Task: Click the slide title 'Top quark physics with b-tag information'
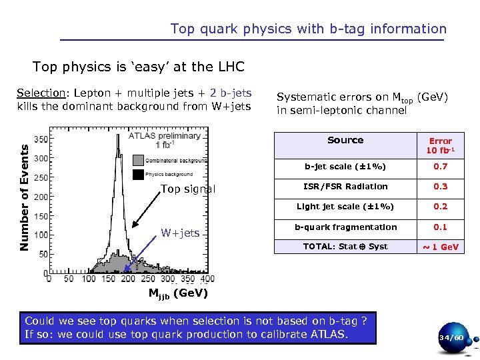coord(308,29)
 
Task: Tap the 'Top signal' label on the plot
coord(188,189)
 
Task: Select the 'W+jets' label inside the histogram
coord(180,233)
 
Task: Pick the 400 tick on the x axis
coord(207,279)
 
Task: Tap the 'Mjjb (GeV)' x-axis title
coord(178,293)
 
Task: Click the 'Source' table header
coord(345,140)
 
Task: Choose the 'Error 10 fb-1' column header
coord(440,145)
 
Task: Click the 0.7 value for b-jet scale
coord(440,166)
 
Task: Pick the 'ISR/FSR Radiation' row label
coord(345,187)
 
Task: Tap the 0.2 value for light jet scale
coord(440,207)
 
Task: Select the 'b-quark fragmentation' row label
coord(345,227)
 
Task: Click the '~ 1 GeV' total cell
coord(440,247)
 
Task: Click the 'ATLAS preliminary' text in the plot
coord(165,136)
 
